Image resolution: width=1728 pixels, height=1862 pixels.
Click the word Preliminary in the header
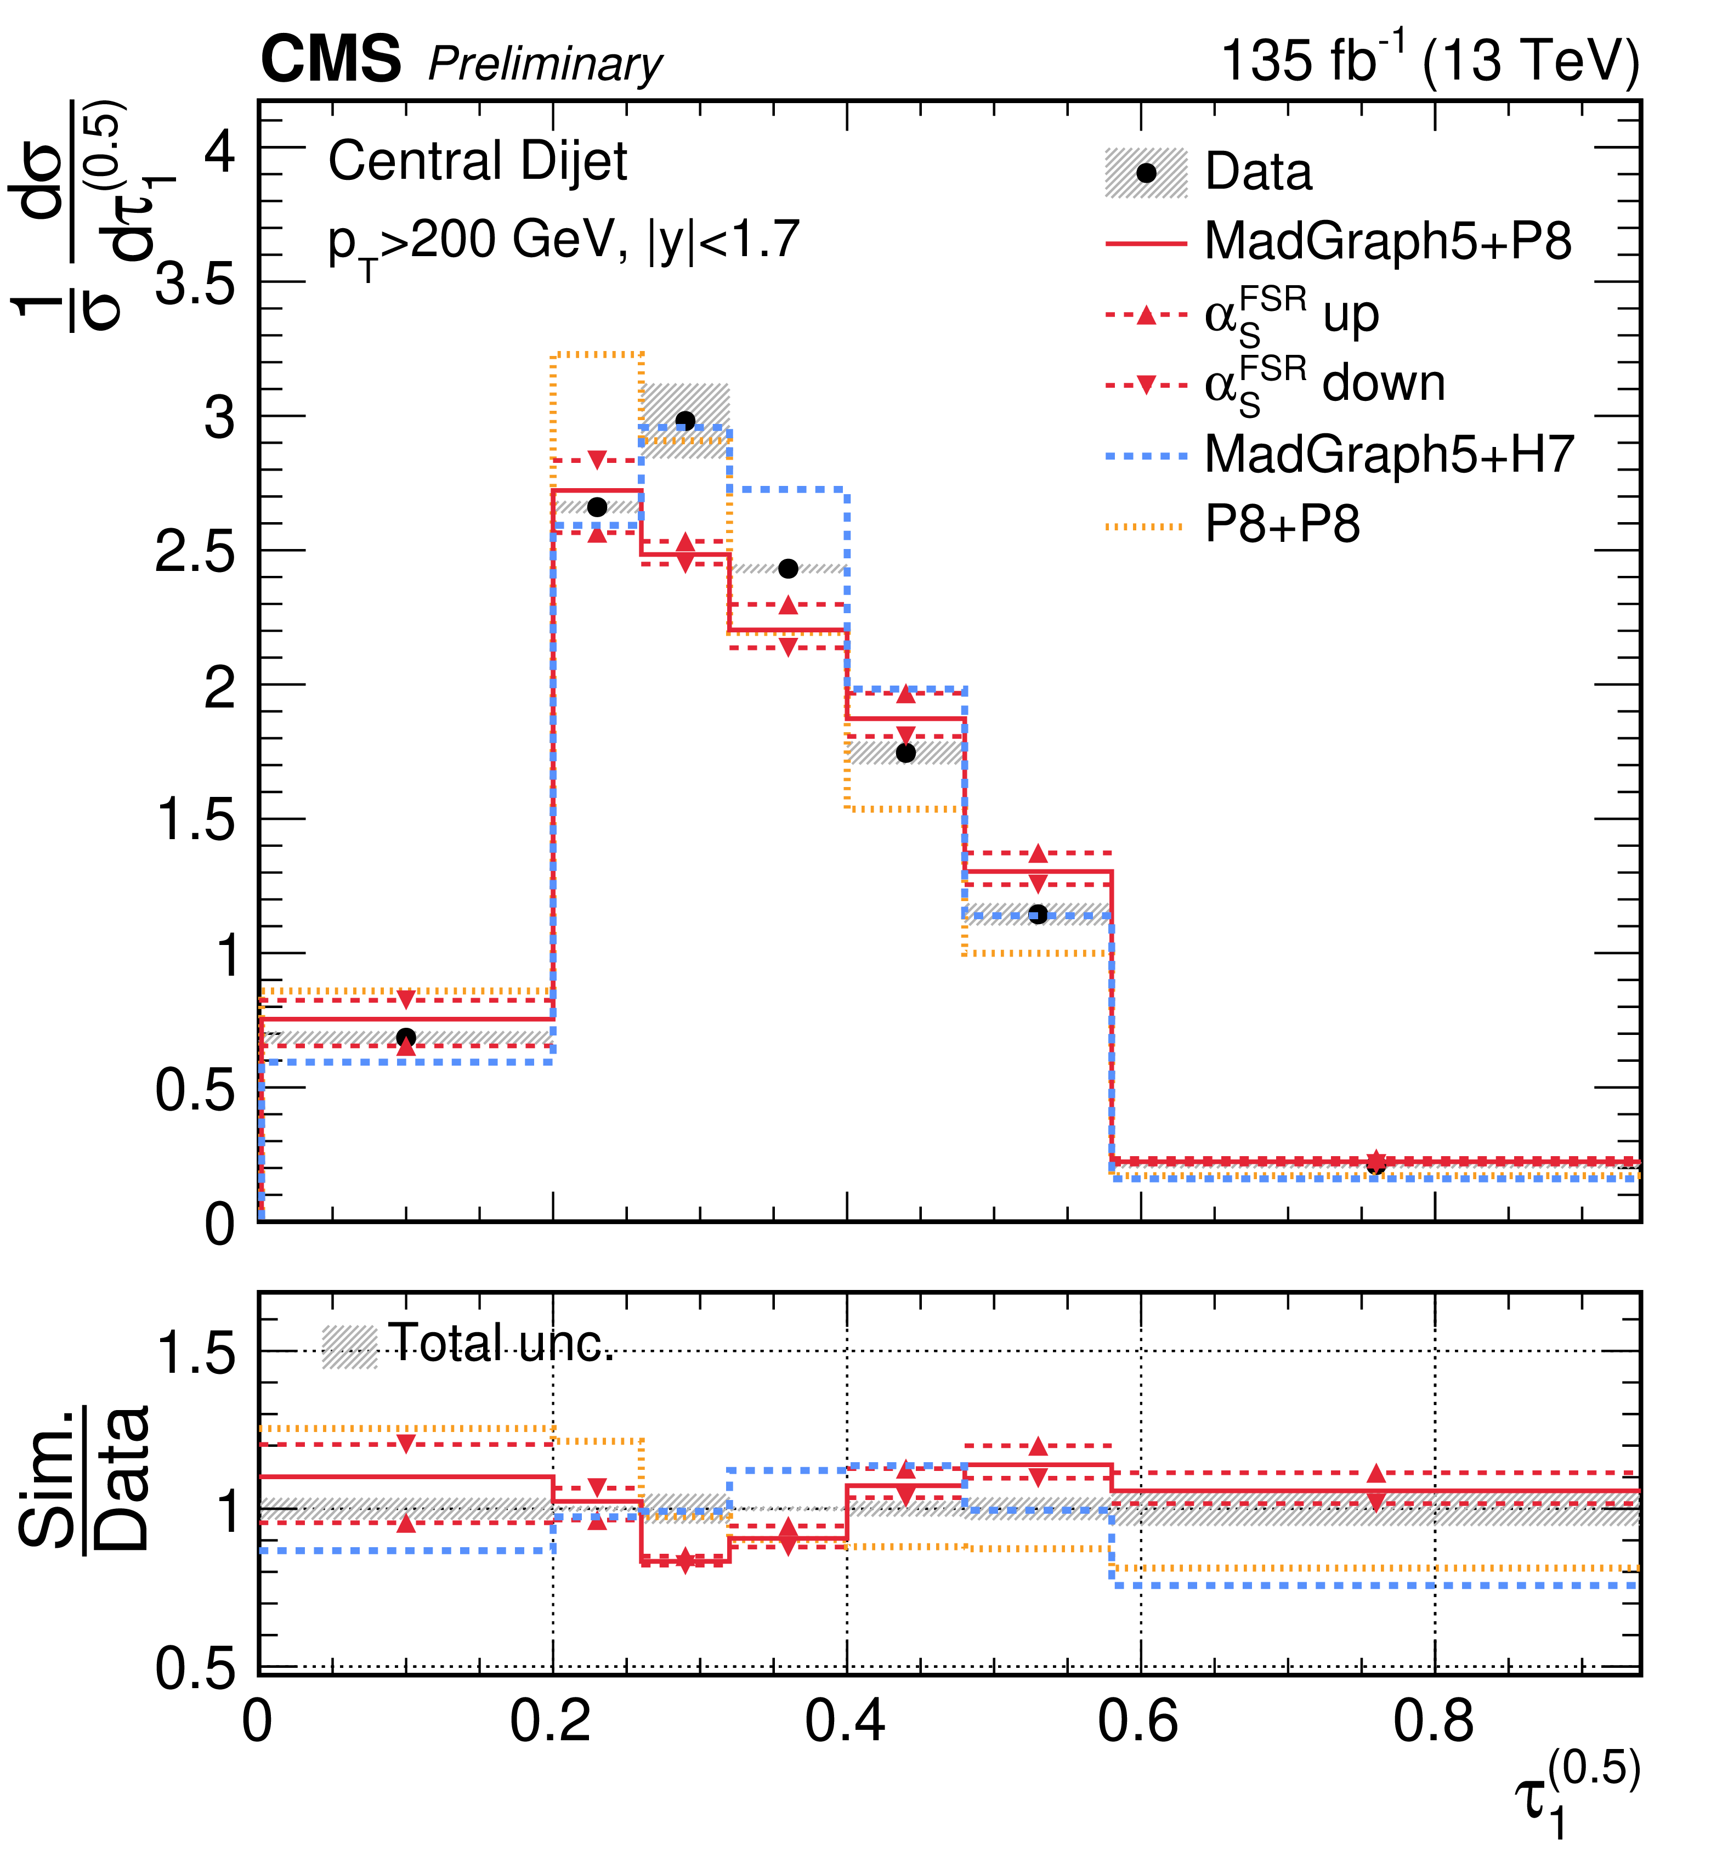click(545, 65)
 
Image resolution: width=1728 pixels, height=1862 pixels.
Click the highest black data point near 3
click(685, 421)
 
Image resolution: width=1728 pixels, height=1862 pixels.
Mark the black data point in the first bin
click(406, 1037)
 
